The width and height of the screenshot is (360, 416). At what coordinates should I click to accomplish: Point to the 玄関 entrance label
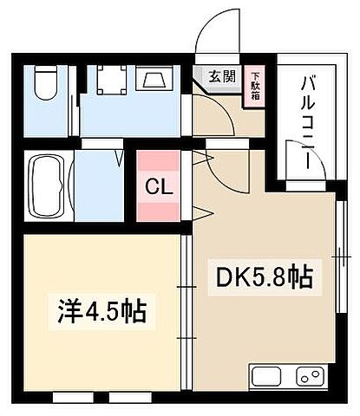[219, 76]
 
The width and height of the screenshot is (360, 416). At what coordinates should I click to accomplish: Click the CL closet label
[157, 186]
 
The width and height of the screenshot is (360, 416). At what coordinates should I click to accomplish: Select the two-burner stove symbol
[310, 377]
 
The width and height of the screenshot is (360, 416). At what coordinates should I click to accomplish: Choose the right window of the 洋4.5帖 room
[130, 398]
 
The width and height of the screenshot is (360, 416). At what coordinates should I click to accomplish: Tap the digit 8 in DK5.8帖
[278, 278]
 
